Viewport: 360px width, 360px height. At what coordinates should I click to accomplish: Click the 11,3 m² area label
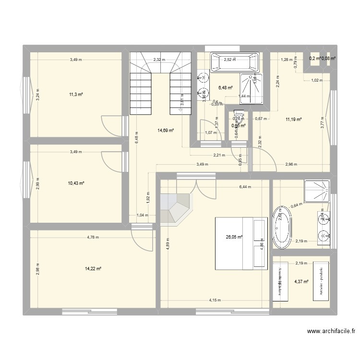click(76, 95)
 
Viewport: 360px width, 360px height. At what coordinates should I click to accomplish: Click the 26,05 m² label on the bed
click(234, 237)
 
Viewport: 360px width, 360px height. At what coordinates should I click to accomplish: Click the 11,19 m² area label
click(294, 120)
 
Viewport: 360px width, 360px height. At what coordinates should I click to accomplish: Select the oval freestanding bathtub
click(282, 228)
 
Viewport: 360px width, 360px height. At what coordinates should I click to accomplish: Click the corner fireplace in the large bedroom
click(176, 208)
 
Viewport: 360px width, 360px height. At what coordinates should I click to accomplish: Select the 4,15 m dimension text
click(215, 300)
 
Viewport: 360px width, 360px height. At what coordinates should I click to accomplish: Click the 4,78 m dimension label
click(93, 237)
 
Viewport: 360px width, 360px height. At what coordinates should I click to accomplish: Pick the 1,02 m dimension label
click(317, 80)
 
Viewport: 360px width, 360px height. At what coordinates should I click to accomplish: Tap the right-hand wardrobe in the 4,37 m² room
click(321, 282)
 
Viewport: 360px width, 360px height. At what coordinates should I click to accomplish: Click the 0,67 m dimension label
click(261, 119)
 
